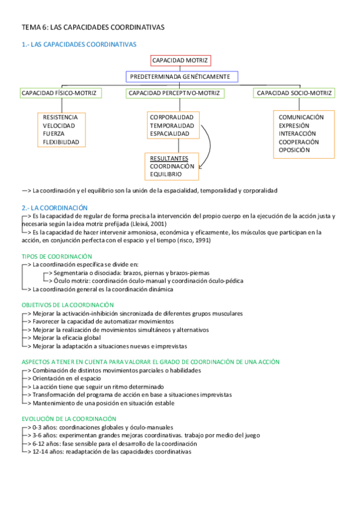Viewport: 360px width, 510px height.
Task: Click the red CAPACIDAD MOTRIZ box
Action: tap(180, 61)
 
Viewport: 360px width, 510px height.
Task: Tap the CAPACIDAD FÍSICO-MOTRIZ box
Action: tap(60, 93)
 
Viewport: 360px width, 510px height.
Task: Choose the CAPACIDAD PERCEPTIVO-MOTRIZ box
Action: tap(175, 93)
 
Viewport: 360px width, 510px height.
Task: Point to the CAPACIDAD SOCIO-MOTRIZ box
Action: tap(294, 93)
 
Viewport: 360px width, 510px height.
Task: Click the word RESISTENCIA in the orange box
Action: tap(60, 117)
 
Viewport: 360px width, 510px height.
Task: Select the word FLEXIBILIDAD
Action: tap(61, 142)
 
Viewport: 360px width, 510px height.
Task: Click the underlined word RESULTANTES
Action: tap(169, 158)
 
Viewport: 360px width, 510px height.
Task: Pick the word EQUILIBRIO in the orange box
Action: tap(166, 174)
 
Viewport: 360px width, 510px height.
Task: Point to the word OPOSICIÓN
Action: tap(294, 150)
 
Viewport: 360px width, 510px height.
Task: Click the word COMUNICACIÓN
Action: tap(301, 117)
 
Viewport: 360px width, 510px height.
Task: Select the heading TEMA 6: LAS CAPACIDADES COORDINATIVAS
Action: tap(93, 28)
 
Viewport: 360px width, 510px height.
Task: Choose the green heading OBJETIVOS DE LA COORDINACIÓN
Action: tap(67, 305)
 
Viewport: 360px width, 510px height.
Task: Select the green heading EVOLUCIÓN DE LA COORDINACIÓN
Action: tap(69, 419)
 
